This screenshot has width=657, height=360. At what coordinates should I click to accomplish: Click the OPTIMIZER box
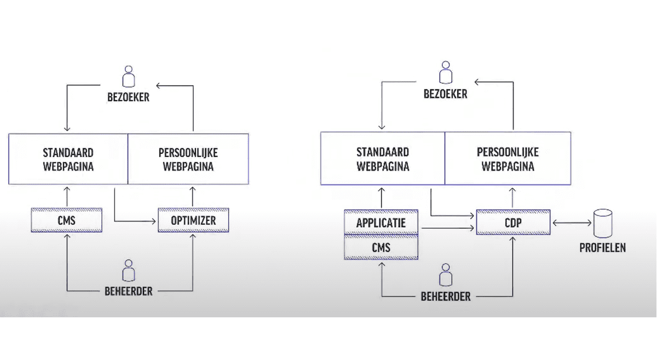click(193, 221)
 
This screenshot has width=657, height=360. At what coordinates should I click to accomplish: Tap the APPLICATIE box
click(381, 223)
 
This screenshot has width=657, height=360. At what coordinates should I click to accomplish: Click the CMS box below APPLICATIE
click(381, 247)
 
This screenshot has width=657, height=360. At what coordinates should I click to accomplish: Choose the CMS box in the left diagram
click(66, 221)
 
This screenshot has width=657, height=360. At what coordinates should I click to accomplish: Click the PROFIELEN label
click(602, 248)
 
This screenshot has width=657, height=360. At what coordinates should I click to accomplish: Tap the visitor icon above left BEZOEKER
click(129, 77)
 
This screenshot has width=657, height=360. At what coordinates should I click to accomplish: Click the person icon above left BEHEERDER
click(129, 271)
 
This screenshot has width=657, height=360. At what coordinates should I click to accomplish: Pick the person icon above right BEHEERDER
click(446, 275)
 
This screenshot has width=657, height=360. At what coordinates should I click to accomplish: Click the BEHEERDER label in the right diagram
click(446, 297)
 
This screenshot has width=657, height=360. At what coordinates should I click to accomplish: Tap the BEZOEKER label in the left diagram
click(129, 98)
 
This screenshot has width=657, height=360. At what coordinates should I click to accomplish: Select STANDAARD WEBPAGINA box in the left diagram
click(68, 159)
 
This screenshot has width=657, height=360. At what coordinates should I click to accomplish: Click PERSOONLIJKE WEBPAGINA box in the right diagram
click(508, 159)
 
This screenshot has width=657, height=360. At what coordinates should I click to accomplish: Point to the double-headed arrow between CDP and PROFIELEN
click(571, 223)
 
